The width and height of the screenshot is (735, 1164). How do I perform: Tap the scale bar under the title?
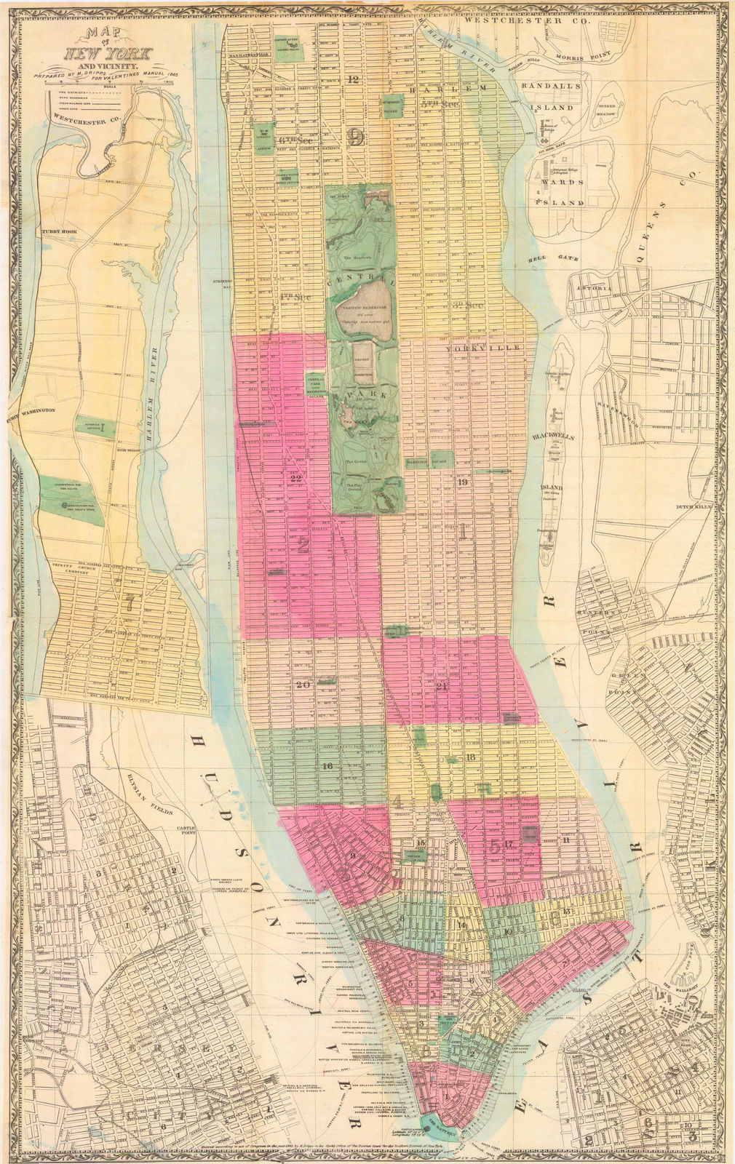pos(109,89)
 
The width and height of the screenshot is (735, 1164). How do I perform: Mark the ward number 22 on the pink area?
pos(295,478)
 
